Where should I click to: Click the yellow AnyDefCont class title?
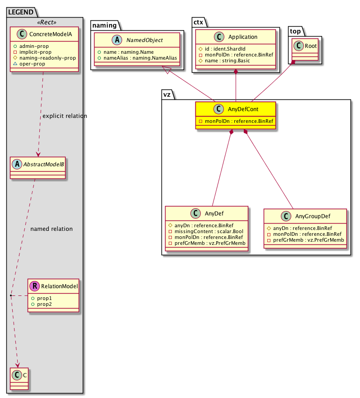(x=240, y=109)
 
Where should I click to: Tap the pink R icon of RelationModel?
(x=34, y=286)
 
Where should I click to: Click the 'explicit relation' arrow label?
(x=64, y=116)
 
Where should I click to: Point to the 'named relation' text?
(x=51, y=229)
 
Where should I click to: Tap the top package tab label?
(x=296, y=32)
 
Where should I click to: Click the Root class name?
(x=311, y=46)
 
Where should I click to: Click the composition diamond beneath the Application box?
(x=236, y=71)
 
